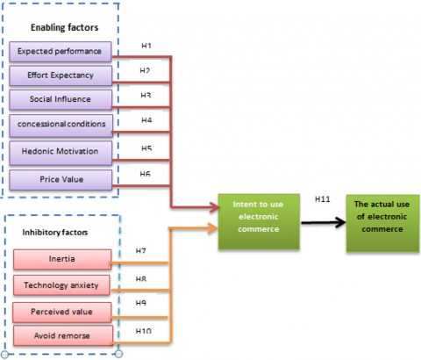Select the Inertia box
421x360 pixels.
point(61,259)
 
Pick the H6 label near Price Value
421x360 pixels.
point(146,175)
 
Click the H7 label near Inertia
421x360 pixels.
point(141,252)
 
